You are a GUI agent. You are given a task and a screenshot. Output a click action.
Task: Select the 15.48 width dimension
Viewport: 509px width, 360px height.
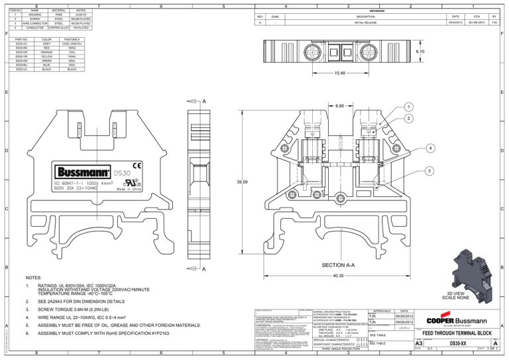[343, 73]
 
